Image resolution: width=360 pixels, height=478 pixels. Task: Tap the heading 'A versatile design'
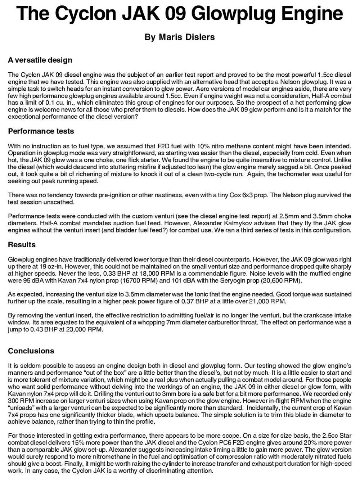point(40,60)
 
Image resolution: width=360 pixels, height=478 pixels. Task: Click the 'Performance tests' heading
point(41,131)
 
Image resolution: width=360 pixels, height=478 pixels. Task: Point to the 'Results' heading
point(22,245)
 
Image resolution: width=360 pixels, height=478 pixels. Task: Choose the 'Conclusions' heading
point(31,351)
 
